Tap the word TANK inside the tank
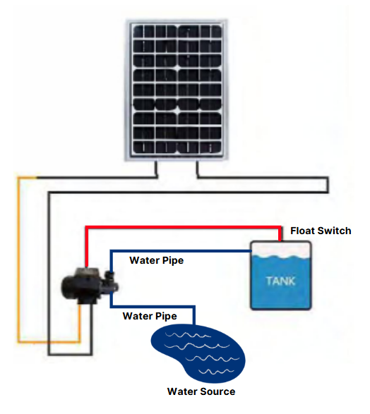[281, 281]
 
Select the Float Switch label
[321, 231]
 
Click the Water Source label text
[201, 391]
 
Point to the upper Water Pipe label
[156, 260]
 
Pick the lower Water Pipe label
[149, 315]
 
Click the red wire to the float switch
[184, 228]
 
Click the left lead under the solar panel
[155, 169]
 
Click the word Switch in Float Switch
[335, 231]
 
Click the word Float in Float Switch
[304, 231]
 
